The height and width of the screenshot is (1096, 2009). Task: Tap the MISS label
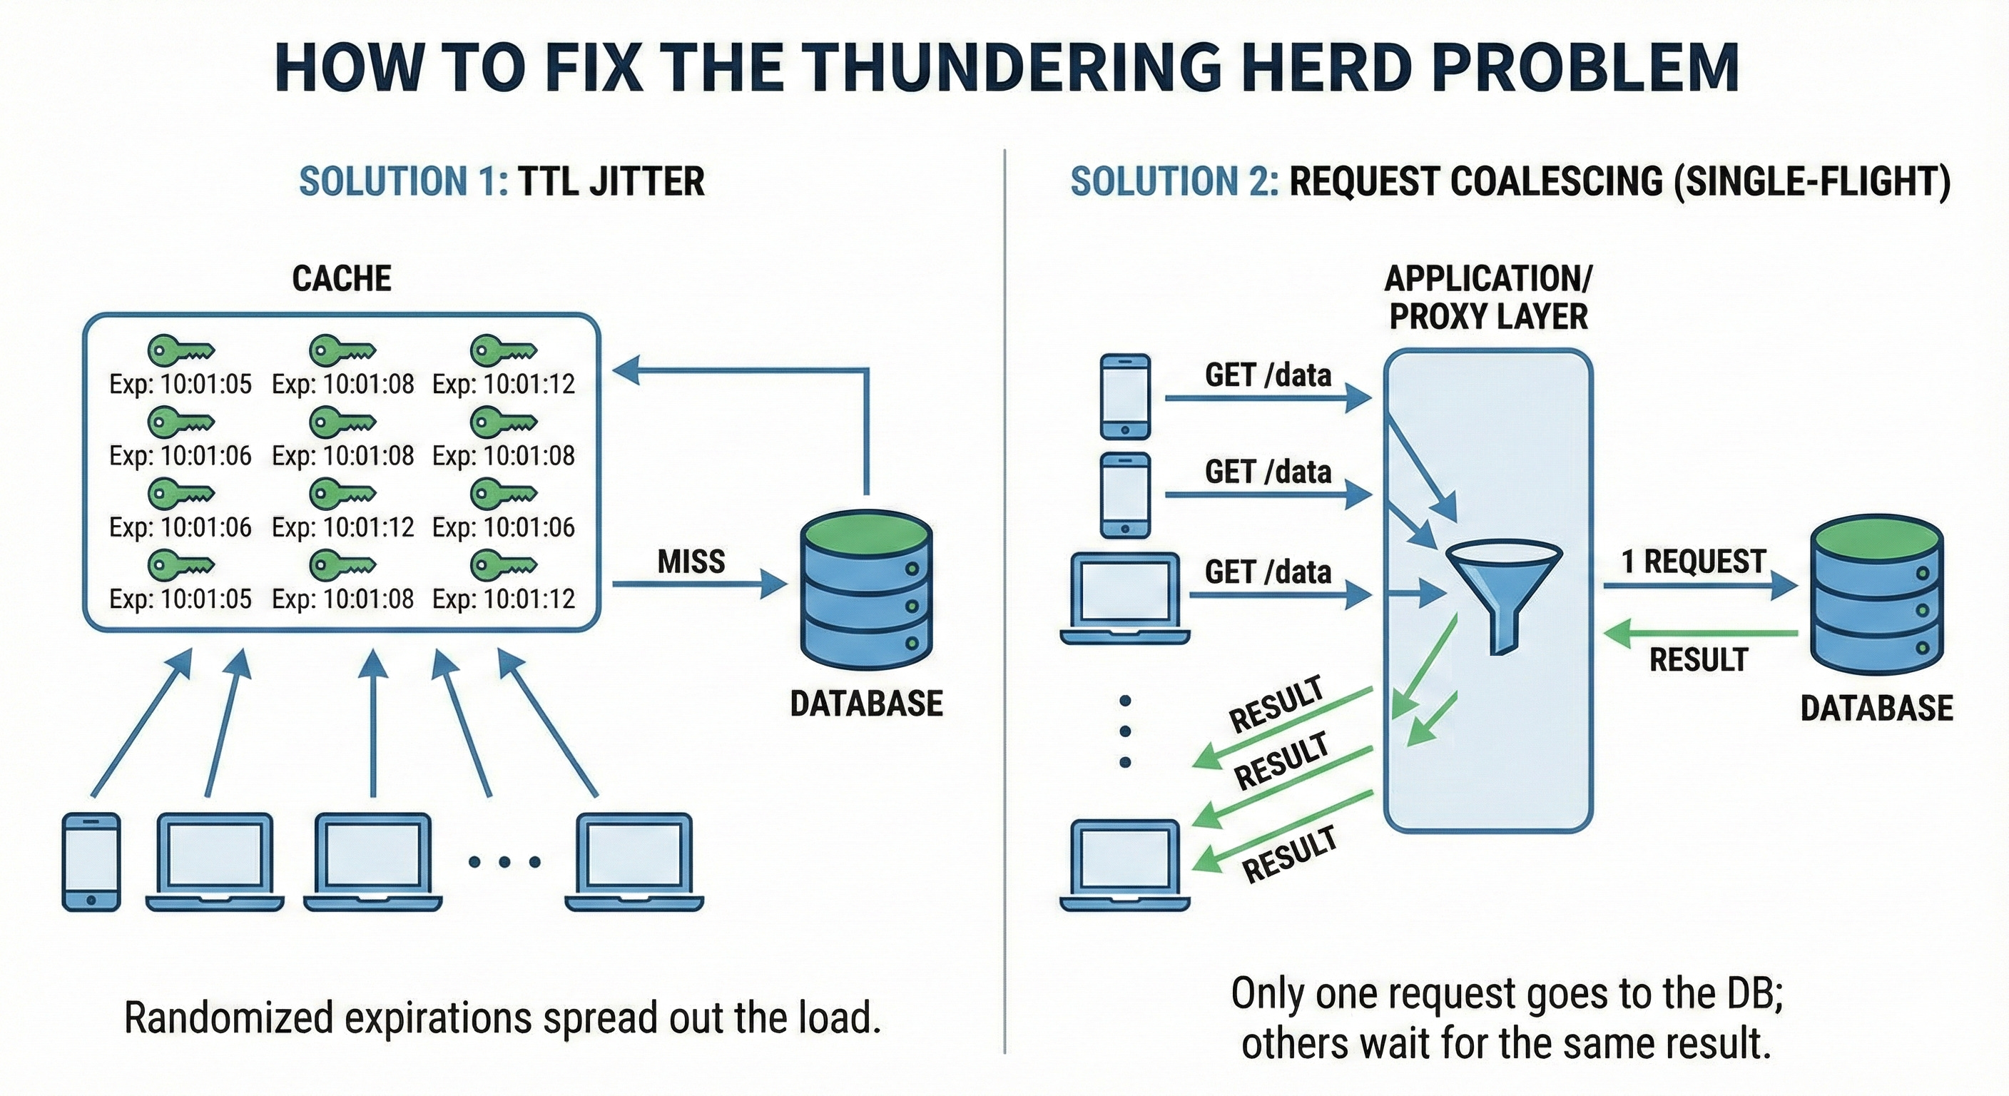(x=691, y=562)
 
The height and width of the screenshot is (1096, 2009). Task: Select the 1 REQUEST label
(x=1693, y=562)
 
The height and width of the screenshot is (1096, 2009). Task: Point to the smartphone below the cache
(x=91, y=862)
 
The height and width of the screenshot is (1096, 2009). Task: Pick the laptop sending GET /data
(x=1124, y=599)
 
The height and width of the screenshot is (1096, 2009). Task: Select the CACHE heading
(x=342, y=279)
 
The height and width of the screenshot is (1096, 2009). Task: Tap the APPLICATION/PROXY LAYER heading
(x=1488, y=298)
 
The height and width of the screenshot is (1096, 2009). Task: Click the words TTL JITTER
(x=611, y=181)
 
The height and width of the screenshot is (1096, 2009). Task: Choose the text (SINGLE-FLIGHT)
(x=1811, y=181)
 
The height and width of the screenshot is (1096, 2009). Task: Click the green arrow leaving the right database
(x=1700, y=633)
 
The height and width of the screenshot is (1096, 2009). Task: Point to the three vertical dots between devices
(x=1124, y=731)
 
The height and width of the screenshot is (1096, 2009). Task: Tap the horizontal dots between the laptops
(x=504, y=862)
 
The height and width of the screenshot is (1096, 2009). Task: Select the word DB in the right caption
(x=1756, y=994)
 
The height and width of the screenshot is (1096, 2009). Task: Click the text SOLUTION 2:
(x=1174, y=181)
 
